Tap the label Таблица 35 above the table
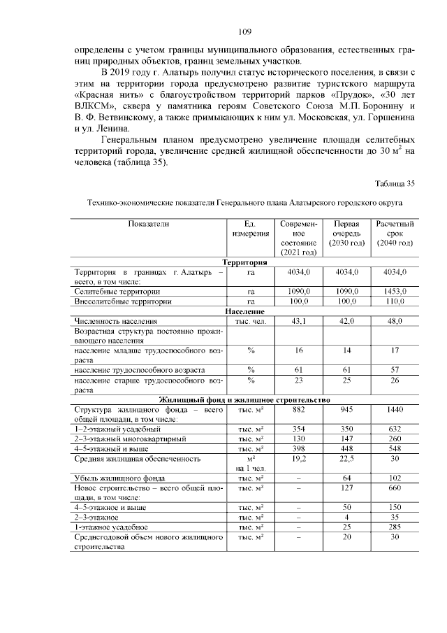coord(395,184)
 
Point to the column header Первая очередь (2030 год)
coord(346,233)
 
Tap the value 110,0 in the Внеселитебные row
coord(395,301)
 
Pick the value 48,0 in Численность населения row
coord(395,320)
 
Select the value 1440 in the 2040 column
coord(395,409)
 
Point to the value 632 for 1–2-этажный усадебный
coord(395,429)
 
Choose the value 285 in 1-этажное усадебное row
coord(395,526)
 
